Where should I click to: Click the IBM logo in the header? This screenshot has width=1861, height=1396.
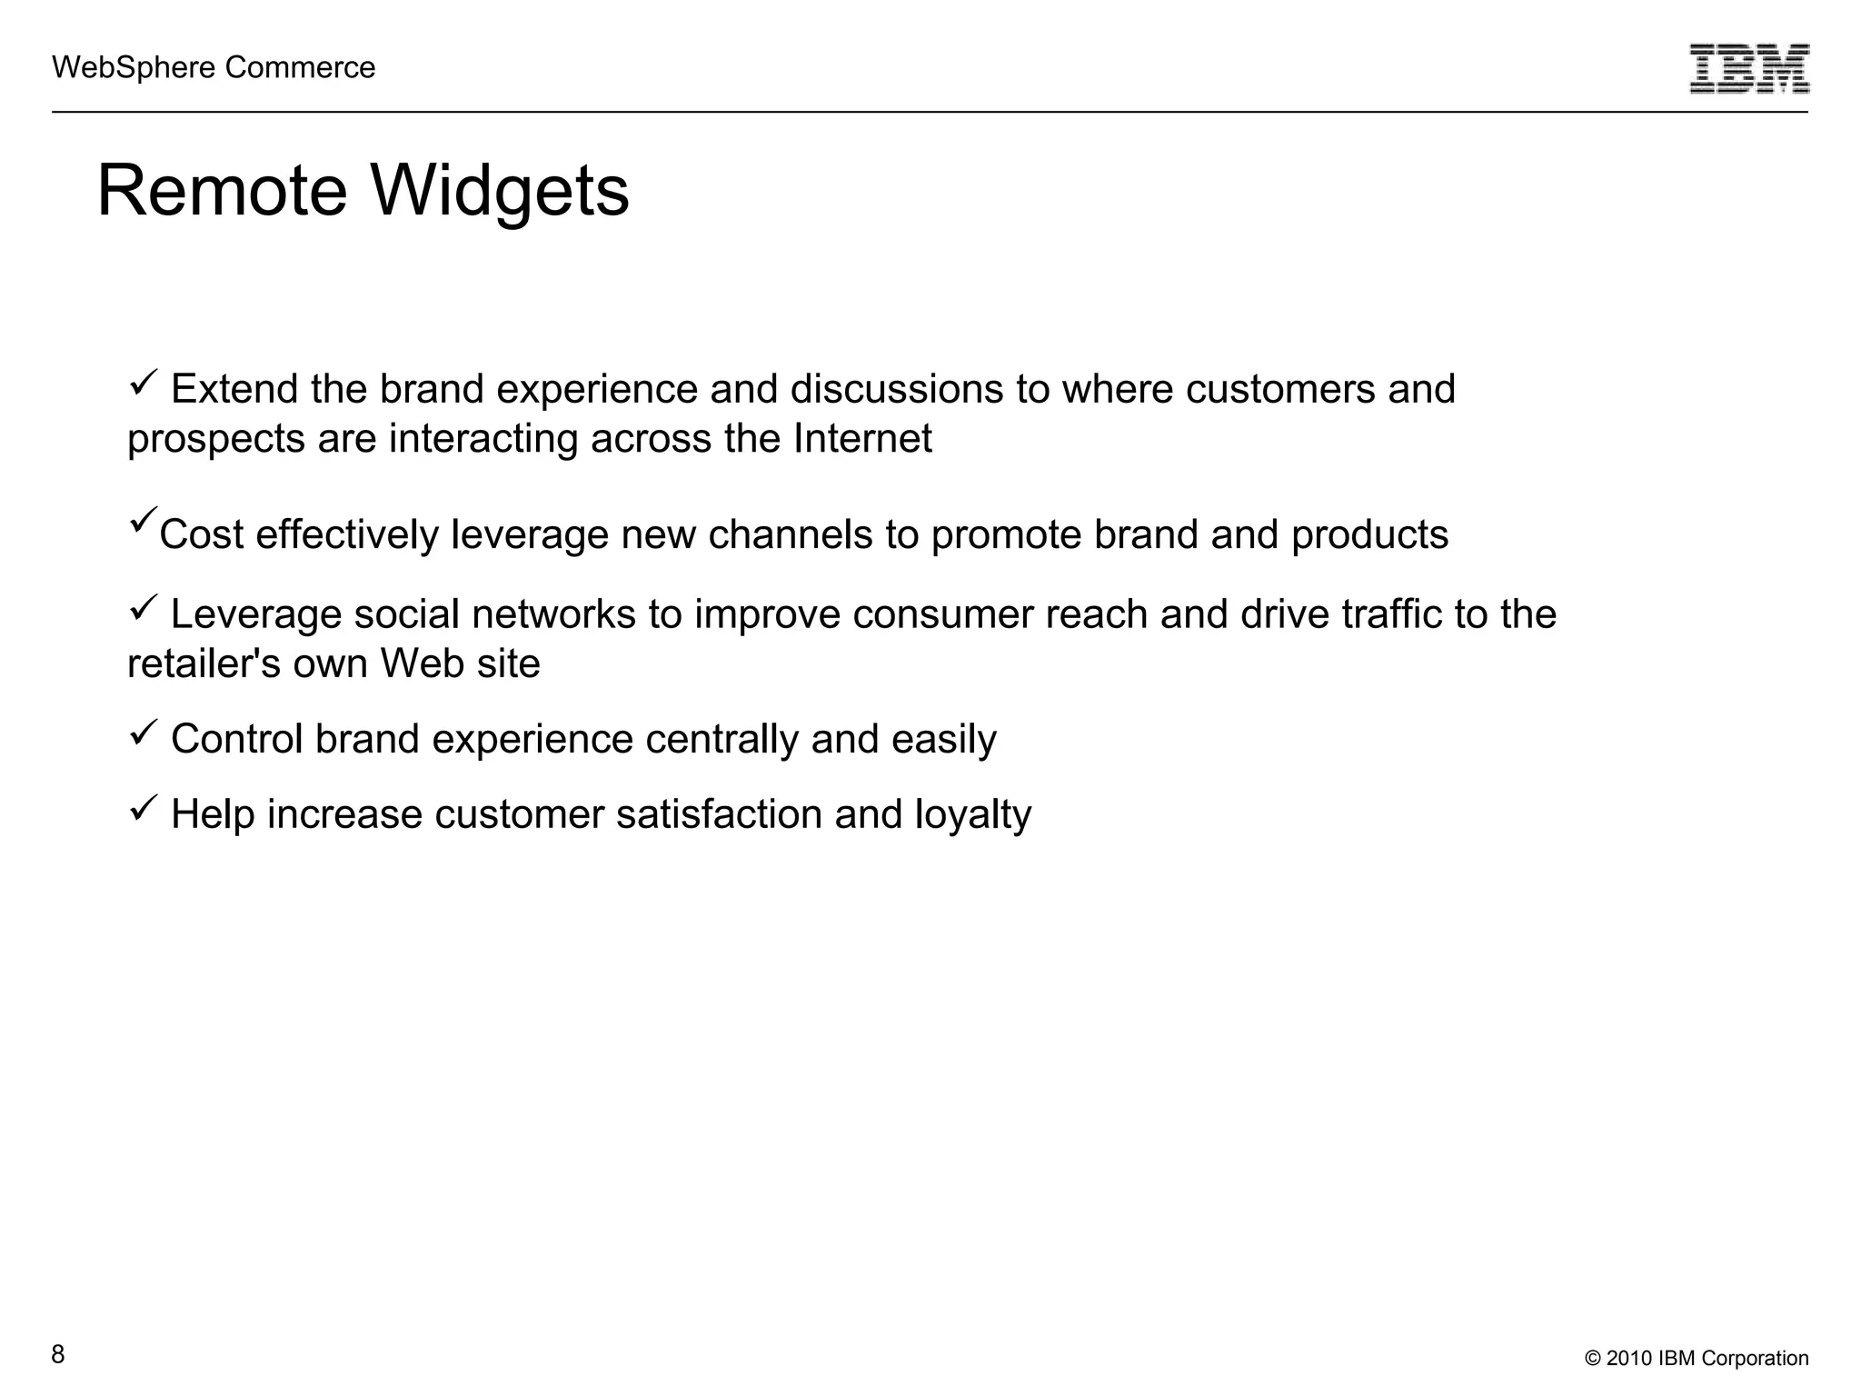pos(1749,68)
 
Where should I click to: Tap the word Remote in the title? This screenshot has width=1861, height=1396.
pos(222,191)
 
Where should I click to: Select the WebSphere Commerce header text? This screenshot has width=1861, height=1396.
pos(214,67)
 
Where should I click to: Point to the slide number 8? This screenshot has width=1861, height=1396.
pos(58,1354)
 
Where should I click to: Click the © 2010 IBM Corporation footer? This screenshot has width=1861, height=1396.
pos(1697,1358)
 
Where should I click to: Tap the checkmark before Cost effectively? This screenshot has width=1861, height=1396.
pos(144,520)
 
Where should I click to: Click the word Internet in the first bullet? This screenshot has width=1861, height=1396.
pos(862,438)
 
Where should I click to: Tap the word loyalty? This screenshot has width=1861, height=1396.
pos(972,814)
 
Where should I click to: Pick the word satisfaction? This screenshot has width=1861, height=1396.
pos(719,814)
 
